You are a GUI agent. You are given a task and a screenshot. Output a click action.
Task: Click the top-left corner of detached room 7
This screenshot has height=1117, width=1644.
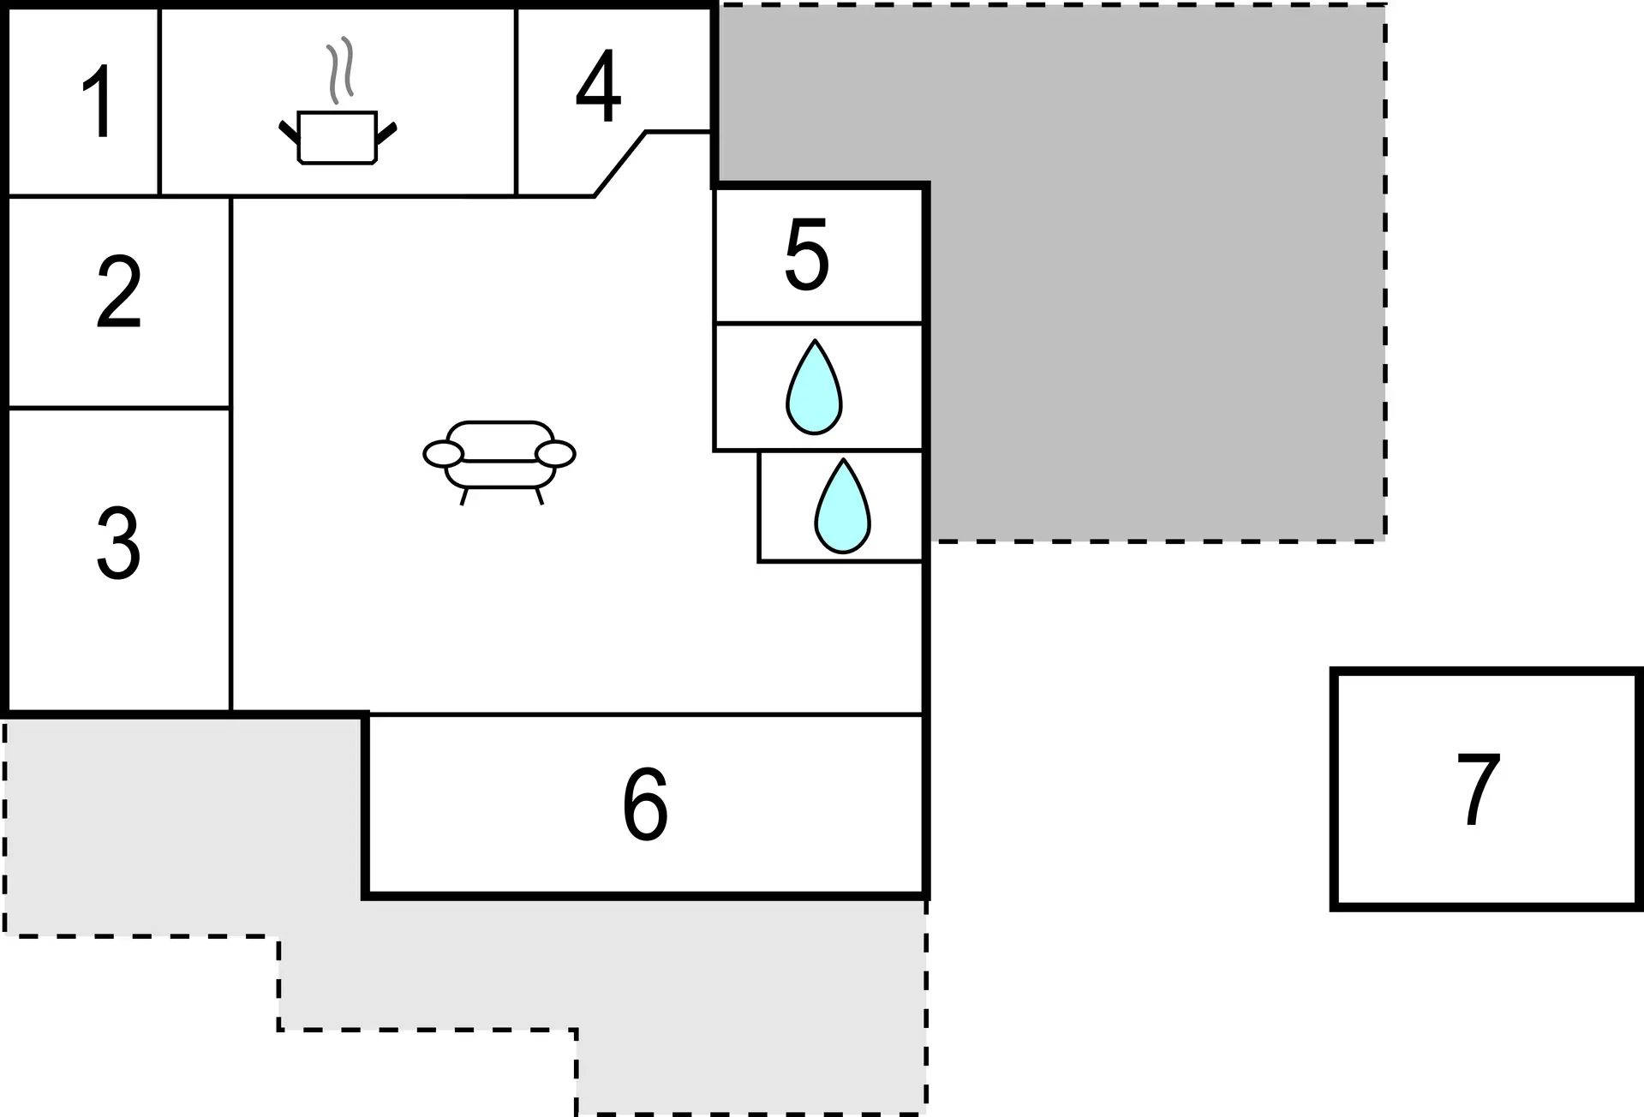(1334, 671)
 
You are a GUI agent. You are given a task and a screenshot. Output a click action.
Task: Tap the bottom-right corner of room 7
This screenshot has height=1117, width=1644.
(1640, 906)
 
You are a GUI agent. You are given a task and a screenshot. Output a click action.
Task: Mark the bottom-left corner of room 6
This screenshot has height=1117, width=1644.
(366, 895)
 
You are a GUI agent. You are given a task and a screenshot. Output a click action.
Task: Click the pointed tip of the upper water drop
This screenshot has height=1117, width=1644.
(815, 341)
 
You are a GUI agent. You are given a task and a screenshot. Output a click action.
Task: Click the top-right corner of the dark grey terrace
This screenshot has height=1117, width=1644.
(1384, 5)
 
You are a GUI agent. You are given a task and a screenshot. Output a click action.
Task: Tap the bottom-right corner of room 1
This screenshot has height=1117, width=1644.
(159, 196)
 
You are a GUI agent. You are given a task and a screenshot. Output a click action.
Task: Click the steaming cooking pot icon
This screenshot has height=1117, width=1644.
(338, 100)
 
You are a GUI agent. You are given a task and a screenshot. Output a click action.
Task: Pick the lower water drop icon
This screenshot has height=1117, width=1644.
(843, 506)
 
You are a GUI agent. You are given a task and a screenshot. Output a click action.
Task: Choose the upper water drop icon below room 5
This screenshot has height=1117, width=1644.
(815, 387)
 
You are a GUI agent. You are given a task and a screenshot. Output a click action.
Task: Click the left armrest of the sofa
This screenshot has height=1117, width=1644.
(443, 454)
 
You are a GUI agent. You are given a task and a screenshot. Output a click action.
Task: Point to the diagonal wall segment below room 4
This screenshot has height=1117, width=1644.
(620, 164)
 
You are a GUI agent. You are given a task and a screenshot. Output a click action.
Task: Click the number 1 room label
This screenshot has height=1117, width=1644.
(99, 102)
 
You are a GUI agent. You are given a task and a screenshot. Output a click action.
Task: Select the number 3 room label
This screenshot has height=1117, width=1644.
(118, 543)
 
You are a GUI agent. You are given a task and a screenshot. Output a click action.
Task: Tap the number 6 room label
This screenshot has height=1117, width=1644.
(645, 803)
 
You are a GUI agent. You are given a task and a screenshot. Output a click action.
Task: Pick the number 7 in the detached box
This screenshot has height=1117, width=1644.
(1478, 790)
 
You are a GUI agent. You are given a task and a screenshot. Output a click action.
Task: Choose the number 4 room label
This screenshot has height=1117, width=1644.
(598, 86)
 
